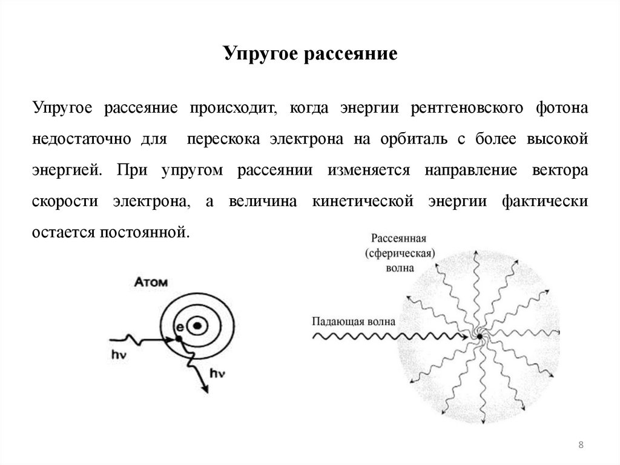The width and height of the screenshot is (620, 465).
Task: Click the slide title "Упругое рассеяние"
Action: click(310, 53)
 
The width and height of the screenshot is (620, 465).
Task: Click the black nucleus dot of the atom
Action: click(197, 326)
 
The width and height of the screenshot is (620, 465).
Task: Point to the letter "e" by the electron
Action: click(179, 327)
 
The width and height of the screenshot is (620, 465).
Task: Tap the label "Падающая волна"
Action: click(354, 321)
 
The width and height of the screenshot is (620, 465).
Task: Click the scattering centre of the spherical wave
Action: click(479, 335)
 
